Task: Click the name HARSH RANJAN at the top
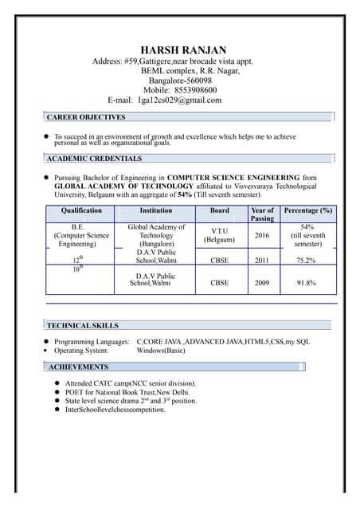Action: point(182,49)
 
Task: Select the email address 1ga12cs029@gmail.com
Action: point(179,100)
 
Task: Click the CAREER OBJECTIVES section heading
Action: point(86,117)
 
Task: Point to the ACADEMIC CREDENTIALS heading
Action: point(93,159)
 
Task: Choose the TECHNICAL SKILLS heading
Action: point(83,326)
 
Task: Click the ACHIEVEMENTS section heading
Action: point(78,367)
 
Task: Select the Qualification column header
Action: point(81,210)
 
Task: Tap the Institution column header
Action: point(156,210)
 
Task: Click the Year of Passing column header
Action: point(262,214)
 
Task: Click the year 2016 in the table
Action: point(262,236)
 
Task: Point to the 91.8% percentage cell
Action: point(307,283)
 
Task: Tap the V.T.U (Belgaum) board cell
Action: point(219,235)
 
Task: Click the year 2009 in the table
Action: point(262,283)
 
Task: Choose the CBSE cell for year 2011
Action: point(219,260)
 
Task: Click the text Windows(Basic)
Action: point(161,351)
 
